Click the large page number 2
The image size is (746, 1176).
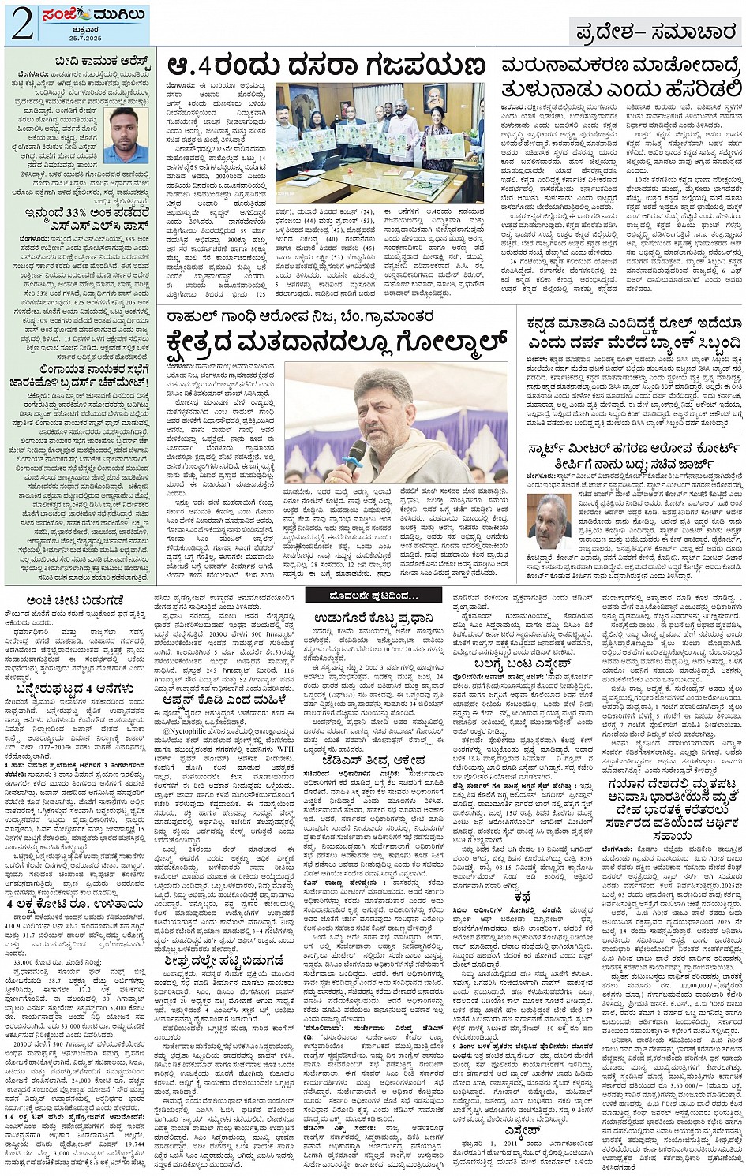click(21, 25)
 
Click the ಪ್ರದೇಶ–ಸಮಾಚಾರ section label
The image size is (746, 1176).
click(654, 32)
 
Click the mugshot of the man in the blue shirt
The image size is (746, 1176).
click(126, 135)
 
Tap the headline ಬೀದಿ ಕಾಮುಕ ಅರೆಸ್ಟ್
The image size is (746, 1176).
click(99, 60)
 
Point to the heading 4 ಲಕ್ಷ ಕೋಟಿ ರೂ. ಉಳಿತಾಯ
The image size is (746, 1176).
click(76, 903)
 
